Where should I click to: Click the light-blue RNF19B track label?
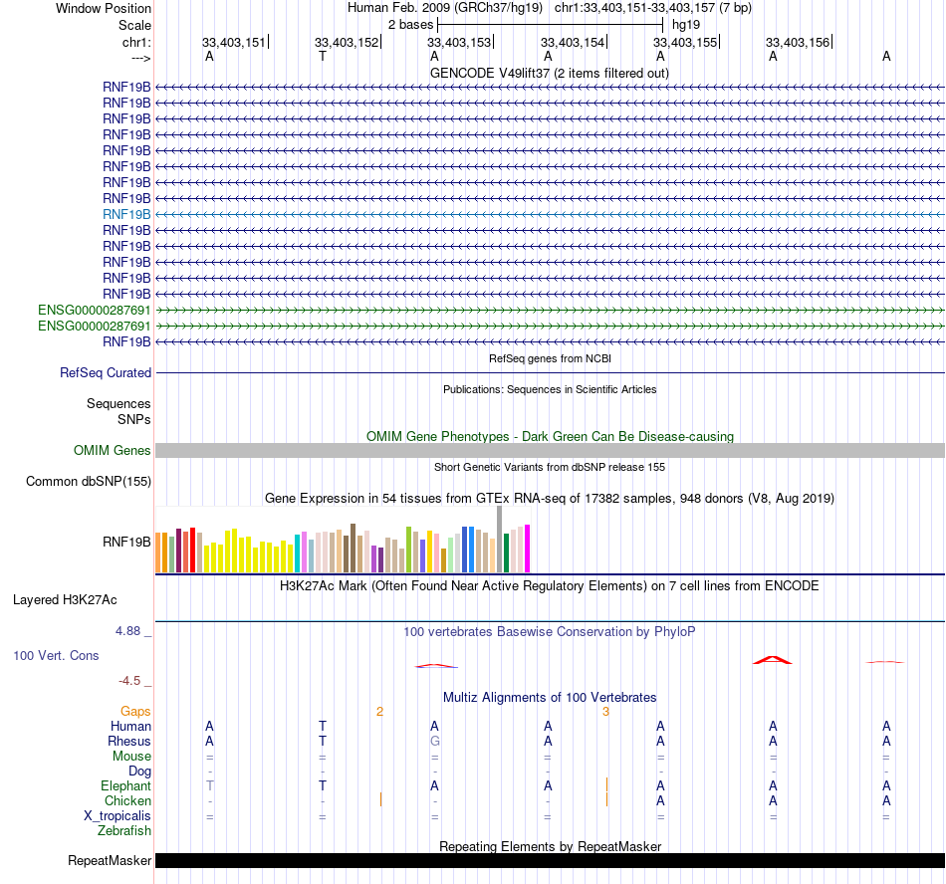coord(126,214)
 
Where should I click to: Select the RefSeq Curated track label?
coord(106,373)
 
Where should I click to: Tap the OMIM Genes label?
coord(113,451)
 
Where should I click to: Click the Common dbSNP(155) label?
coord(88,482)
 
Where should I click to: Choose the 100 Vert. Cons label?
coord(56,656)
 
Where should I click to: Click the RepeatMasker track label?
coord(110,860)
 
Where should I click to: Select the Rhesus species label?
coord(129,742)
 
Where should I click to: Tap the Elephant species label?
coord(126,786)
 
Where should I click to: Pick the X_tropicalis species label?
coord(118,816)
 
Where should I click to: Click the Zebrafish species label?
coord(124,830)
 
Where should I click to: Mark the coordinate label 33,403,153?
coord(459,43)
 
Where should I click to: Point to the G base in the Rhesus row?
coord(435,742)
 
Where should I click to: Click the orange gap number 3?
coord(605,712)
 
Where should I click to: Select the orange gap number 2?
coord(379,712)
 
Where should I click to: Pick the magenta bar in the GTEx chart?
coord(528,549)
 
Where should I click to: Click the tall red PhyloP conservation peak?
coord(773,660)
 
